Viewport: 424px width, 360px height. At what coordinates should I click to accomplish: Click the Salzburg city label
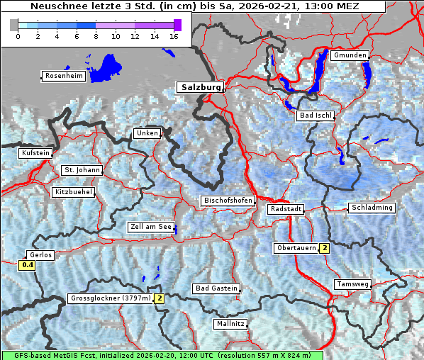(x=200, y=87)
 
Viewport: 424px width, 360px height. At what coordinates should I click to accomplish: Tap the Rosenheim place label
(x=64, y=76)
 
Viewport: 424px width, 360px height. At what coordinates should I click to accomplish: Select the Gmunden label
(x=350, y=55)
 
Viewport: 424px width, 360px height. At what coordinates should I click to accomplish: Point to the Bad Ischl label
(x=316, y=116)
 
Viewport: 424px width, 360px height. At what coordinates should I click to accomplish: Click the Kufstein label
(x=35, y=153)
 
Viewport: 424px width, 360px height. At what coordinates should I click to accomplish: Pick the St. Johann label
(x=82, y=170)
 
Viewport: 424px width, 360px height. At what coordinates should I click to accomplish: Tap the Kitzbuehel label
(x=74, y=192)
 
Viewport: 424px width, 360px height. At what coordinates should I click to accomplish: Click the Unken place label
(x=147, y=133)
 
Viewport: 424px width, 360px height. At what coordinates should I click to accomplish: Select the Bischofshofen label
(x=228, y=201)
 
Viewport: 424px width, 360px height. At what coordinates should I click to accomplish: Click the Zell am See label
(x=151, y=227)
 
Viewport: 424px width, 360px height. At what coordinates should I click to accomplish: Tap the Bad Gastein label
(x=216, y=288)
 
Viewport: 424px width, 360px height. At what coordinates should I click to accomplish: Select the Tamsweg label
(x=352, y=284)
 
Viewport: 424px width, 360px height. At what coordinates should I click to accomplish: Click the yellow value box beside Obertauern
(x=324, y=248)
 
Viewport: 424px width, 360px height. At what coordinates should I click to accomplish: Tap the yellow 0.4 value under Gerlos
(x=28, y=265)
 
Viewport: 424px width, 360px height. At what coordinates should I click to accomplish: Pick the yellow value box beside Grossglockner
(x=160, y=298)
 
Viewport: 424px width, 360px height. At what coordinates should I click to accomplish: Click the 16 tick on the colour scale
(x=174, y=36)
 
